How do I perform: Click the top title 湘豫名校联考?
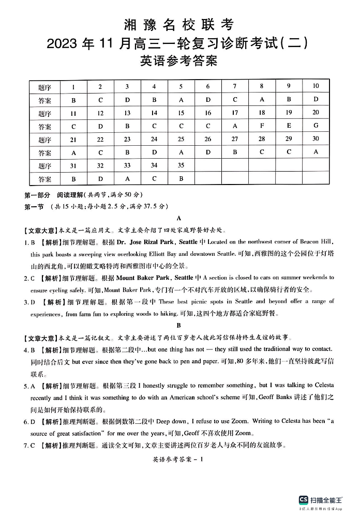179,24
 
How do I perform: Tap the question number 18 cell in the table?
262,113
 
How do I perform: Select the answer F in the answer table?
262,126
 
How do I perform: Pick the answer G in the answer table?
316,126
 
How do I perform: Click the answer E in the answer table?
289,126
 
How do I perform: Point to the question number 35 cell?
181,165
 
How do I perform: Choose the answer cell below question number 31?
73,179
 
